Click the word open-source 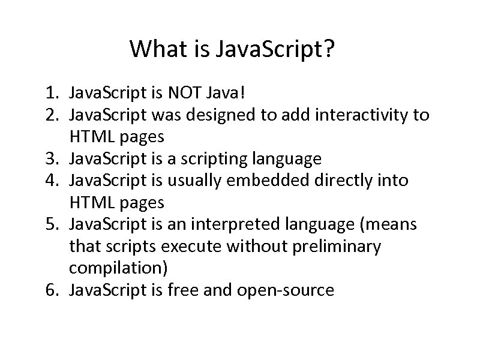click(x=286, y=290)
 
